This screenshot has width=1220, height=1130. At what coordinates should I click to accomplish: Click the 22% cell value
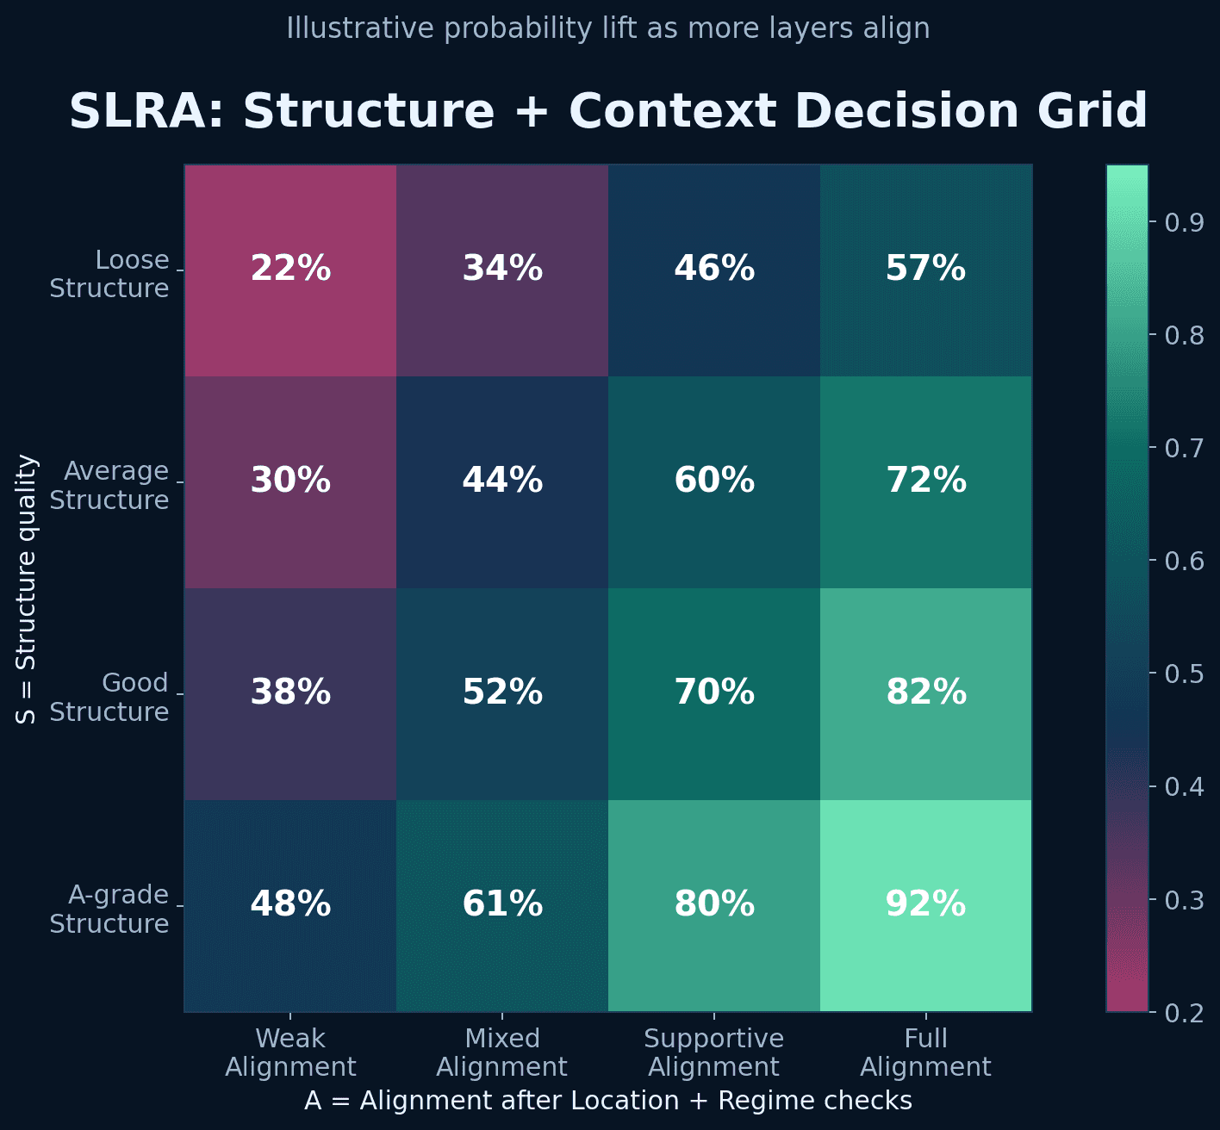[x=290, y=270]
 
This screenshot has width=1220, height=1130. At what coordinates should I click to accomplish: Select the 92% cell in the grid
[x=925, y=904]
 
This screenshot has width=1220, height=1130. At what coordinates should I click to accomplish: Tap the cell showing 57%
[x=925, y=270]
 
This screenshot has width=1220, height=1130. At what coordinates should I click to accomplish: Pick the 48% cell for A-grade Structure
[x=290, y=904]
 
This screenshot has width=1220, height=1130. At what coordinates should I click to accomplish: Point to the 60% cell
[x=714, y=481]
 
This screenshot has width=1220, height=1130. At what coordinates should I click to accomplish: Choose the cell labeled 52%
[x=502, y=692]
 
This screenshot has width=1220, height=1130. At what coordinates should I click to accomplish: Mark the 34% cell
[x=502, y=270]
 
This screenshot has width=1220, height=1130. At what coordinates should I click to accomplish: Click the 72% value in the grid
[x=925, y=481]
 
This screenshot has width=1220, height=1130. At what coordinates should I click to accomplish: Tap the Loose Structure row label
[x=109, y=274]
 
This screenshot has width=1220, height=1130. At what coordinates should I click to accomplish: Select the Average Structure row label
[x=109, y=485]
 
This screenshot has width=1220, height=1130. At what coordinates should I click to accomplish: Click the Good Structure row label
[x=109, y=697]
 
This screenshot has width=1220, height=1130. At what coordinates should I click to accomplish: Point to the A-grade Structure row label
[x=109, y=909]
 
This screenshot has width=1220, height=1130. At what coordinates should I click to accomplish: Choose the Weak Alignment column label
[x=290, y=1052]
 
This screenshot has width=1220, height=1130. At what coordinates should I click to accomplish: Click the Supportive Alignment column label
[x=714, y=1052]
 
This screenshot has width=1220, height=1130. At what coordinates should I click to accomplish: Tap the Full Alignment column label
[x=925, y=1052]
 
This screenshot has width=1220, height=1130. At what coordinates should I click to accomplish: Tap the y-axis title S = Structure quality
[x=28, y=589]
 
